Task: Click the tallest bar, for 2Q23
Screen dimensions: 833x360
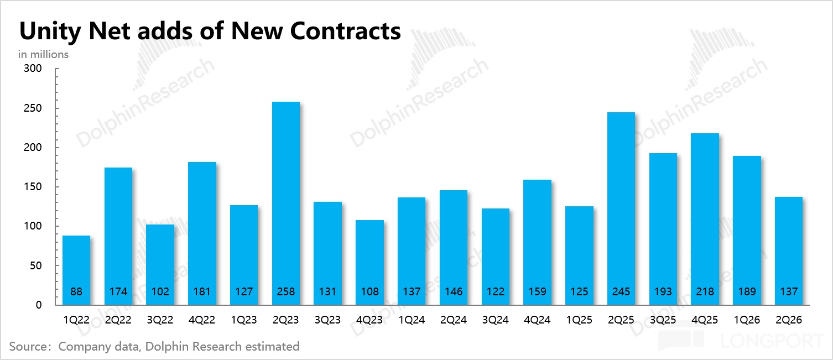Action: point(285,204)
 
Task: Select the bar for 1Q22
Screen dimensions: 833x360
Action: point(76,270)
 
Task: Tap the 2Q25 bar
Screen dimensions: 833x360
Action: point(621,208)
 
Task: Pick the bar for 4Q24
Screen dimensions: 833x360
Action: point(538,242)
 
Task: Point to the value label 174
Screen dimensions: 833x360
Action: point(118,291)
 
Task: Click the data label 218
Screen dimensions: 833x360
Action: point(705,291)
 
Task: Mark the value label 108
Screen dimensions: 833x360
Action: point(369,291)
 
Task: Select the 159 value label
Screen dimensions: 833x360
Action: point(538,291)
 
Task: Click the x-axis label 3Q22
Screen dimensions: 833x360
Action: point(160,320)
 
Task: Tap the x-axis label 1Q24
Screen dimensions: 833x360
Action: point(412,320)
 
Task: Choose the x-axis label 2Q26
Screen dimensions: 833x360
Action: point(789,320)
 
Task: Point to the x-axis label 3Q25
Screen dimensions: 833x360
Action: point(663,320)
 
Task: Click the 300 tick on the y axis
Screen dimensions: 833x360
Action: point(33,69)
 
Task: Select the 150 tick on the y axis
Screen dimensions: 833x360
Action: point(33,187)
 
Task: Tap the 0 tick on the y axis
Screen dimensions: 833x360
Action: point(39,305)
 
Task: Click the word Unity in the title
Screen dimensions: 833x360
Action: point(50,31)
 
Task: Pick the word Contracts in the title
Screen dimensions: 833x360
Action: point(346,30)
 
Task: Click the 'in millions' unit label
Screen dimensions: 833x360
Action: point(43,55)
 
